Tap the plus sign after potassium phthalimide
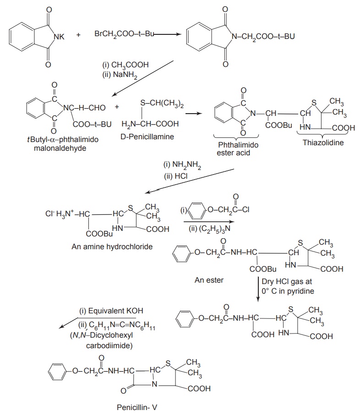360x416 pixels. (x=79, y=34)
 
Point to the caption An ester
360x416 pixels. (x=209, y=280)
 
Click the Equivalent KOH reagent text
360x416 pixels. (x=111, y=310)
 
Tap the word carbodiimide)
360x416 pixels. (x=109, y=345)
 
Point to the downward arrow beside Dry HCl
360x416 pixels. (x=258, y=289)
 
